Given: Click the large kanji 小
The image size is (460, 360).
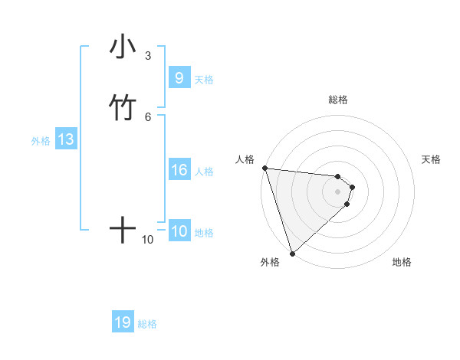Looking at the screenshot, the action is (123, 48).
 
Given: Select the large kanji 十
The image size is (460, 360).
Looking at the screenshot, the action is (123, 229).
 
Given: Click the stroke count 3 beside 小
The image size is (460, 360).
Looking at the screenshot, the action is (148, 56).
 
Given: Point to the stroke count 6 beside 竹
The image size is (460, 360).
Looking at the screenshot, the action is (148, 116).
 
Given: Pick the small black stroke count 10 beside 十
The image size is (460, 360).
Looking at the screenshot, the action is (148, 240).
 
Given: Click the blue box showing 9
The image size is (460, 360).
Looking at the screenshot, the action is (179, 78).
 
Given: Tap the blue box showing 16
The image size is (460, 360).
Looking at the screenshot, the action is (179, 170).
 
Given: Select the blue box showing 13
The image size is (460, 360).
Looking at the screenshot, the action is (66, 140).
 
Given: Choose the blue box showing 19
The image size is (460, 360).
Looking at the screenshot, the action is (123, 322).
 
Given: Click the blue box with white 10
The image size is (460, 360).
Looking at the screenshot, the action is (179, 231).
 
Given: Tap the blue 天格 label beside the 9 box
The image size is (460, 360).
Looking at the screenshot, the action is (204, 79).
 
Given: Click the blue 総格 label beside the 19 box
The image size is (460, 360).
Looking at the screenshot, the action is (147, 324).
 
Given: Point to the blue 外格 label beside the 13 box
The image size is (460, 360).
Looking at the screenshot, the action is (41, 141).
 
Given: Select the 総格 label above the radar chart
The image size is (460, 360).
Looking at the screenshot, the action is (338, 100).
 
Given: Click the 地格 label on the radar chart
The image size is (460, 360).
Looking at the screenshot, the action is (402, 262).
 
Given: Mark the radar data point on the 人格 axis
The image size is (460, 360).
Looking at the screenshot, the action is (264, 168).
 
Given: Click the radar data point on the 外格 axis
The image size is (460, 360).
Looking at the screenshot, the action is (293, 253).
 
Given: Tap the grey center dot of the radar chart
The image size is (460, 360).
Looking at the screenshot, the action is (338, 191).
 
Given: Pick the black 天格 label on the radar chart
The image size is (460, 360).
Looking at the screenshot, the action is (432, 159).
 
